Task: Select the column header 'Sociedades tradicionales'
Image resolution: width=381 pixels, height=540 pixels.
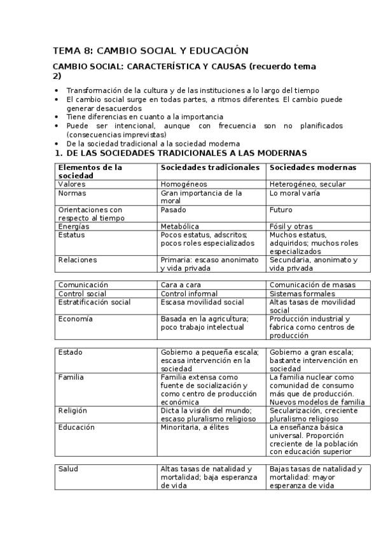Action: click(210, 167)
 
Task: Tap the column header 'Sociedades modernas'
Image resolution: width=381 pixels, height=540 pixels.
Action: click(312, 167)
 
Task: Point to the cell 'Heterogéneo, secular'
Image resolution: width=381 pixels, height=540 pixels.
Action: click(307, 184)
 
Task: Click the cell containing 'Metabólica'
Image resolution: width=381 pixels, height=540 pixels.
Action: click(180, 226)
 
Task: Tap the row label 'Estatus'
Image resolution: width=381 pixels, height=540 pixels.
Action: click(71, 234)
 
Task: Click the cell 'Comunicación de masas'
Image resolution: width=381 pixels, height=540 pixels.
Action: click(312, 285)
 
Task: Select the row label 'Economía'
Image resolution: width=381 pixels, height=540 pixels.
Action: click(75, 319)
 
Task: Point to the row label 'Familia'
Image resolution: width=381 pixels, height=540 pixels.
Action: click(71, 377)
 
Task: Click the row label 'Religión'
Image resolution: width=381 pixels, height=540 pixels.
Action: click(72, 411)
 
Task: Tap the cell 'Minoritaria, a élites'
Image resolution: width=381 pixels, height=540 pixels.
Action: click(195, 427)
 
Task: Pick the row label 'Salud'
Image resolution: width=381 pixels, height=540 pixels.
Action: click(68, 469)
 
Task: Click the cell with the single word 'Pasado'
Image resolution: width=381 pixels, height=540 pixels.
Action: click(174, 210)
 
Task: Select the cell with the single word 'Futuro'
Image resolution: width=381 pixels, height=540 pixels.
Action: click(281, 210)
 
